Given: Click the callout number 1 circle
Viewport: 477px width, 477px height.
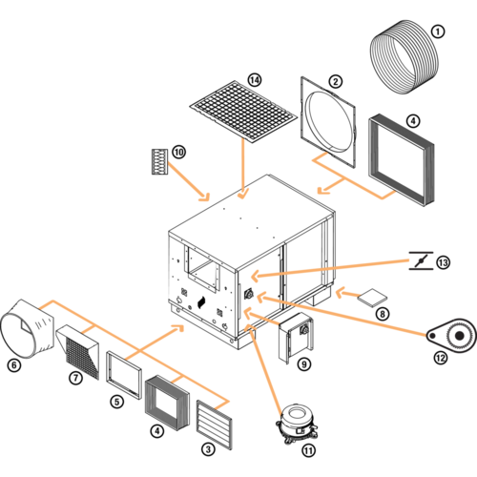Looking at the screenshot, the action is click(438, 31).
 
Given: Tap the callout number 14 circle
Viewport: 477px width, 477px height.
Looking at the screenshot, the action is click(255, 80).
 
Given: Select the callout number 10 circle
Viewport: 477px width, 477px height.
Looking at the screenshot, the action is click(179, 152).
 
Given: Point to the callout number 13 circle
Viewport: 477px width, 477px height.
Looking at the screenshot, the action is click(443, 262).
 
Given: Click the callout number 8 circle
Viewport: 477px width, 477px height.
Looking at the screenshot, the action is click(383, 314).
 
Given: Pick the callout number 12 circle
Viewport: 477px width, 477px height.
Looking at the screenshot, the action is click(441, 358).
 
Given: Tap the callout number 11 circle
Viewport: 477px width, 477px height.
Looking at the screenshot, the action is click(308, 450).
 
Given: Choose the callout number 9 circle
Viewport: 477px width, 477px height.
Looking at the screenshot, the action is click(304, 364).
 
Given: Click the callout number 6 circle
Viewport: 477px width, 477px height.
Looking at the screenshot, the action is click(14, 365).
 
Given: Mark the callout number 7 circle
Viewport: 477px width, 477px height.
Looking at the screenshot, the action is click(75, 378).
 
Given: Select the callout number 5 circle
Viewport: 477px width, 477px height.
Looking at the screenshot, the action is click(117, 402).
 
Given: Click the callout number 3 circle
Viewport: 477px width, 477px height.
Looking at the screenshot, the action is click(208, 449).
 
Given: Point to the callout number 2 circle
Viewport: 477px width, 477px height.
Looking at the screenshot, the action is click(336, 82).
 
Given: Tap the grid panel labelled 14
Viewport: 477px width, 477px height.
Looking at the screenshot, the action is click(243, 112).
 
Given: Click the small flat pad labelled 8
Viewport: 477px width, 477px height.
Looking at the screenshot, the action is click(372, 298).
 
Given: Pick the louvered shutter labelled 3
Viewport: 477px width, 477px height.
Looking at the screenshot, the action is click(214, 425).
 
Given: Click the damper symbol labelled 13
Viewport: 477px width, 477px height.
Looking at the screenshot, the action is click(421, 260).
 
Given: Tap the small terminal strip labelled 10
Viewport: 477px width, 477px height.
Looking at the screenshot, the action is click(159, 161).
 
